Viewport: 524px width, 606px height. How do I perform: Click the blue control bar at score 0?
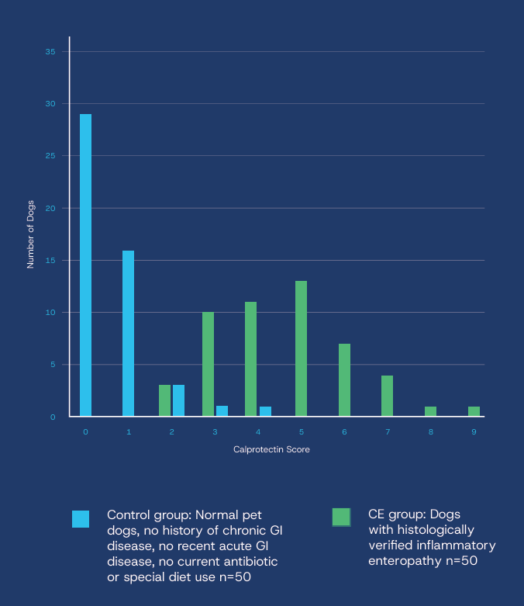pyautogui.click(x=85, y=265)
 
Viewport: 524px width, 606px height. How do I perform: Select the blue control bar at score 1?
pyautogui.click(x=128, y=334)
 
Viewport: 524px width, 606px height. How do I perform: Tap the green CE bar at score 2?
pyautogui.click(x=164, y=400)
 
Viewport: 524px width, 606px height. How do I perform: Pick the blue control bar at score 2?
pyautogui.click(x=178, y=400)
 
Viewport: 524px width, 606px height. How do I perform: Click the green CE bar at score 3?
pyautogui.click(x=208, y=364)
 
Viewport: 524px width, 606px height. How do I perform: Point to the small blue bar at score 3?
pyautogui.click(x=222, y=411)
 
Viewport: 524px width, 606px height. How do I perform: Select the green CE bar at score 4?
pyautogui.click(x=250, y=359)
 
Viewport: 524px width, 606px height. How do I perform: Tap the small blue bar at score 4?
pyautogui.click(x=265, y=411)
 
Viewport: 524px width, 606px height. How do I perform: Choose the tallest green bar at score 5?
pyautogui.click(x=301, y=348)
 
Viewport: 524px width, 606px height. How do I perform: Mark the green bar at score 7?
pyautogui.click(x=387, y=396)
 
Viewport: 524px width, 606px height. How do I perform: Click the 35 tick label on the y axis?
pyautogui.click(x=50, y=52)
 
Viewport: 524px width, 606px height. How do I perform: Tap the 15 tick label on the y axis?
pyautogui.click(x=50, y=261)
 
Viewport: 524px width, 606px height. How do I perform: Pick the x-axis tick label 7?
pyautogui.click(x=387, y=431)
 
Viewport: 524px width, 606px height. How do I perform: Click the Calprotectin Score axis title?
pyautogui.click(x=271, y=450)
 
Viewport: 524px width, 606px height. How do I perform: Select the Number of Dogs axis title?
pyautogui.click(x=31, y=234)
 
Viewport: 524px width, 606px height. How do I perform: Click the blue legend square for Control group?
pyautogui.click(x=81, y=519)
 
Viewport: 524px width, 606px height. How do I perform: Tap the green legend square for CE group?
pyautogui.click(x=341, y=517)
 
